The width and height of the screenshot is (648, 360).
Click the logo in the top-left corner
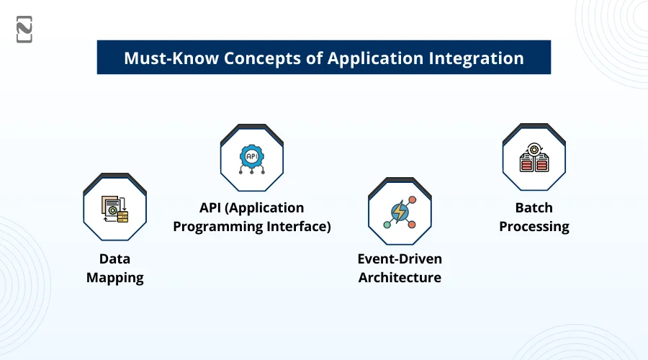[x=24, y=30]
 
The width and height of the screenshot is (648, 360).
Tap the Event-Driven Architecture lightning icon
[x=400, y=211]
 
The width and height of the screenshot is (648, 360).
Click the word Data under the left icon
[x=115, y=258]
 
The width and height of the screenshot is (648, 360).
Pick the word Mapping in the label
[x=115, y=278]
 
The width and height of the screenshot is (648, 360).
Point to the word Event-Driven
[x=400, y=258]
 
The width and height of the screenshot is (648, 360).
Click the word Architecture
[x=400, y=278]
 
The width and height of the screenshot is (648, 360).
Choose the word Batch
[x=534, y=208]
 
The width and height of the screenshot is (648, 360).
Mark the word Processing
[x=534, y=227]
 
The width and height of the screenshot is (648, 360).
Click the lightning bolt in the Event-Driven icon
[x=399, y=212]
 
